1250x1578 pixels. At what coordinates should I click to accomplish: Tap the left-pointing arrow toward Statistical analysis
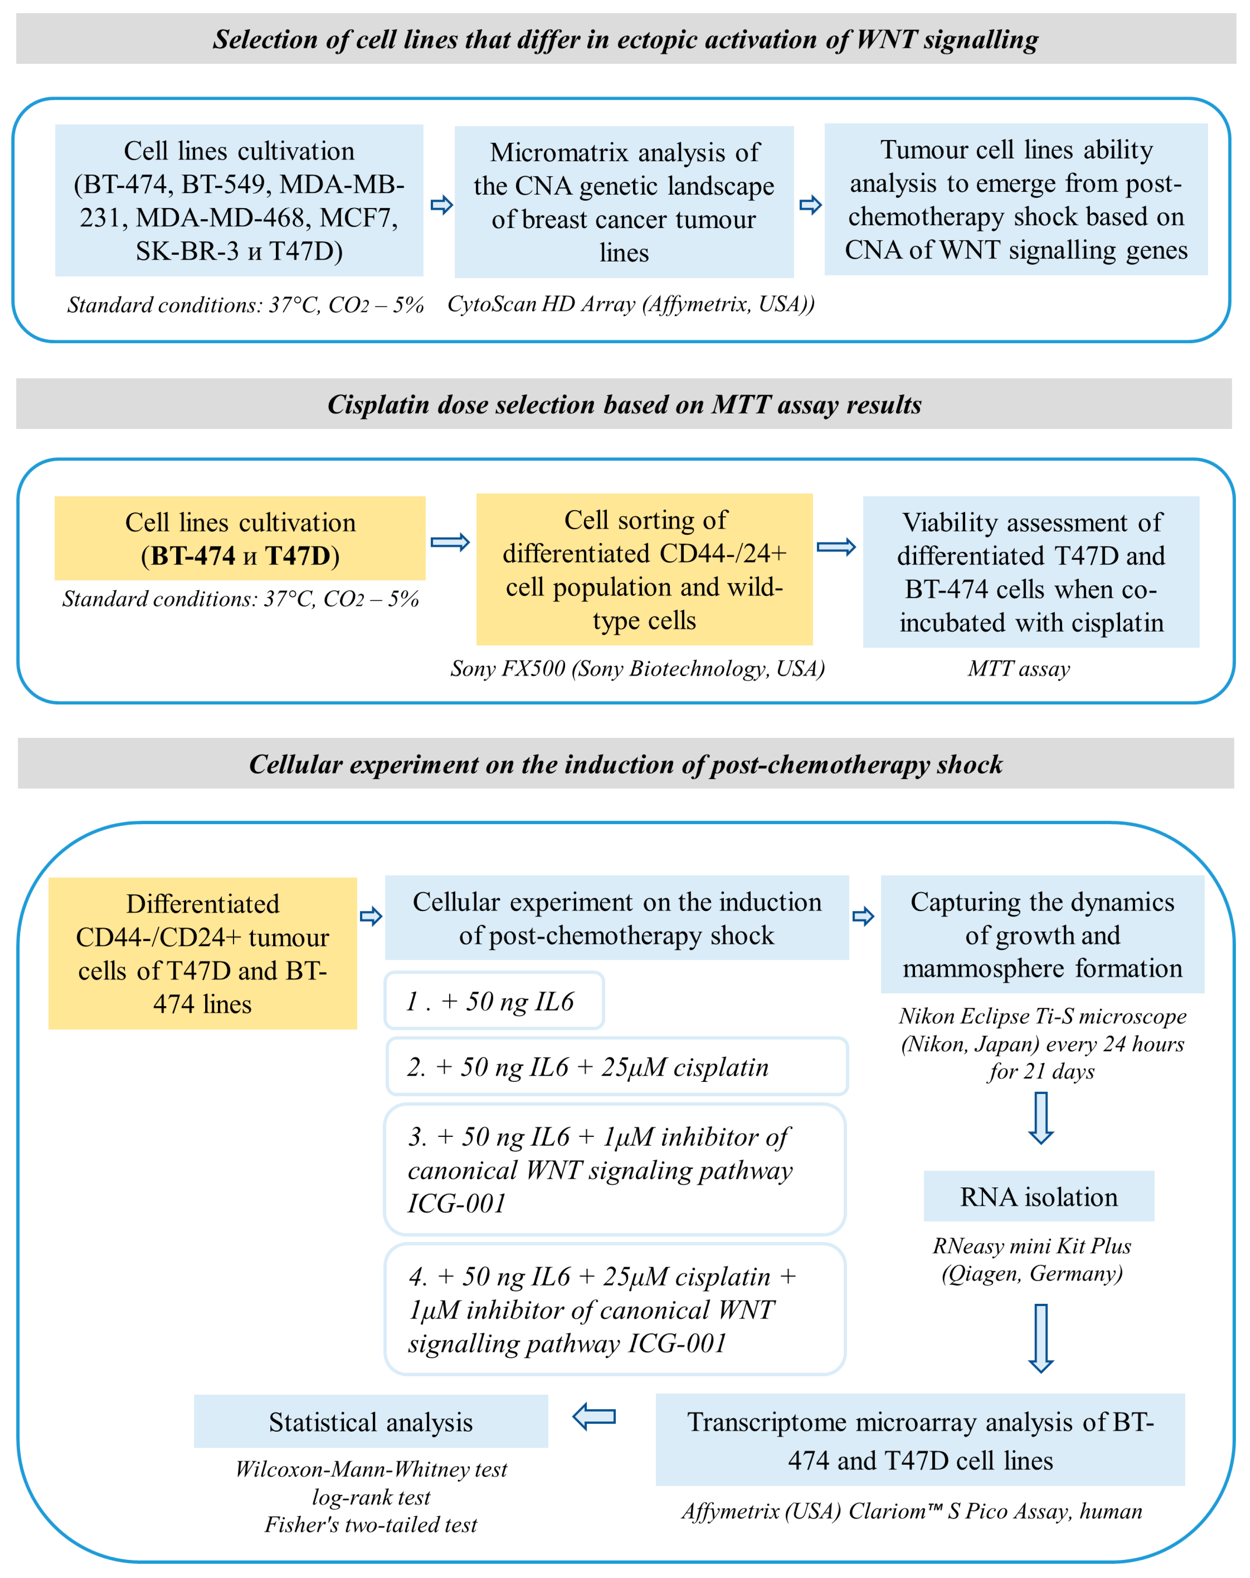click(594, 1417)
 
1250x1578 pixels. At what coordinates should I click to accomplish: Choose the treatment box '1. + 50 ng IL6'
click(494, 1001)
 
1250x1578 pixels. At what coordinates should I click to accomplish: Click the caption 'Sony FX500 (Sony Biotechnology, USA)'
click(637, 668)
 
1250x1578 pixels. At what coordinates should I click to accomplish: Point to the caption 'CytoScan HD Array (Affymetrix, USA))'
click(631, 304)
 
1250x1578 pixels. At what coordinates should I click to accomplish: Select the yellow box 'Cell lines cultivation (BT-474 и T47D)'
click(240, 538)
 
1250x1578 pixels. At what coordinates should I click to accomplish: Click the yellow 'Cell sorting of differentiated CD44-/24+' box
click(644, 569)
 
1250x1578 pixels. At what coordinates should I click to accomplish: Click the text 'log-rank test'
click(371, 1497)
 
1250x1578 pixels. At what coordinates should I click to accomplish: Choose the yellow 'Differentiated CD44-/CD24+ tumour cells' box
click(203, 953)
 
